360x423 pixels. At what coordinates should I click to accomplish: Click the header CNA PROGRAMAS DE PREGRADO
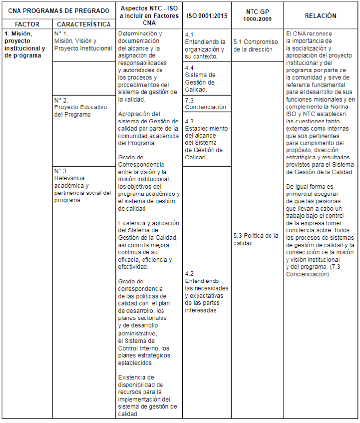[58, 10]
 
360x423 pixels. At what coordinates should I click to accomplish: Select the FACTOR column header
[27, 24]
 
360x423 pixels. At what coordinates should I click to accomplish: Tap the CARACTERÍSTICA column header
[84, 24]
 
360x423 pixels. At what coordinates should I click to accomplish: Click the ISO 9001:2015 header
[207, 16]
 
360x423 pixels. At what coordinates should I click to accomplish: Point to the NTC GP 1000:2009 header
[257, 16]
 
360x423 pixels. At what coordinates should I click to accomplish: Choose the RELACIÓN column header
[321, 16]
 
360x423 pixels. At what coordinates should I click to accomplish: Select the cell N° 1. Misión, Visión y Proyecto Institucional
[83, 41]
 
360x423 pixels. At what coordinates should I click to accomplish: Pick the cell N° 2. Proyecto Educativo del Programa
[80, 107]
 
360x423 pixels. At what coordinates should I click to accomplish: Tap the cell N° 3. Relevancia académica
[83, 185]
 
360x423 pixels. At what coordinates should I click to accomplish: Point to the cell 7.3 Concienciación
[206, 104]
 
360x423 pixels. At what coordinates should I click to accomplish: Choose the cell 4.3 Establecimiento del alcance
[206, 139]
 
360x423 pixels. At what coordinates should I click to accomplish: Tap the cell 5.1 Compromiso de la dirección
[256, 46]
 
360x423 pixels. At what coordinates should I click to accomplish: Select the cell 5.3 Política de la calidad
[256, 239]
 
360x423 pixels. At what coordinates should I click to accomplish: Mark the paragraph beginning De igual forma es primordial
[320, 230]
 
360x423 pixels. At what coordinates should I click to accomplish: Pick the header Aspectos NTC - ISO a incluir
[149, 16]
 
